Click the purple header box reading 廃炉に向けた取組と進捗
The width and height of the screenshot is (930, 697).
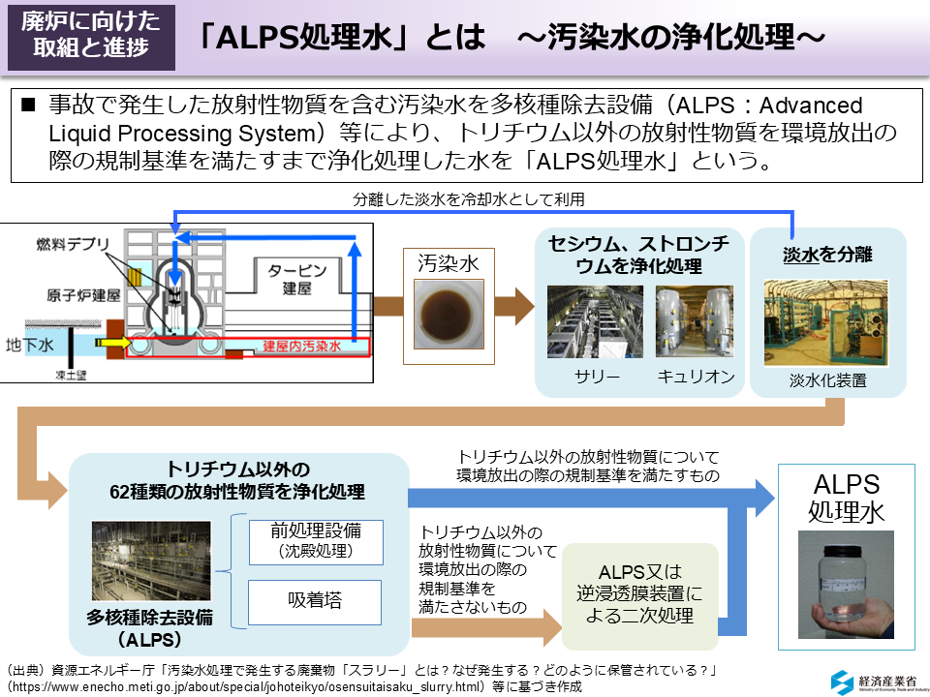point(91,36)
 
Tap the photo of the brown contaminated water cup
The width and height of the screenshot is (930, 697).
point(449,313)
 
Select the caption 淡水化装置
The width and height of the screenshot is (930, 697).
point(827,380)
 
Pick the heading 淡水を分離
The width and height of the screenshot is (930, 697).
point(827,255)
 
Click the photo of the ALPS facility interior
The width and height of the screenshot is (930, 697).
point(150,561)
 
